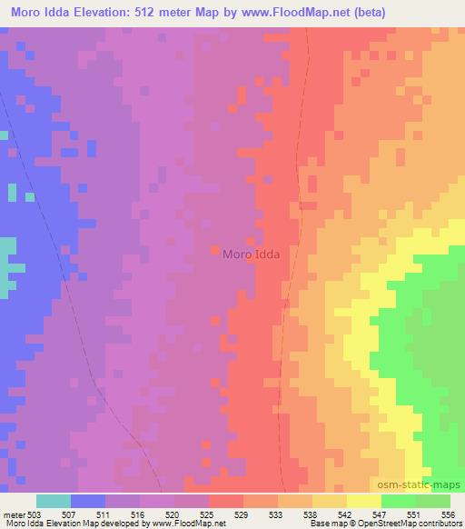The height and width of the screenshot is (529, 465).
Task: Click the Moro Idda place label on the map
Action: click(251, 255)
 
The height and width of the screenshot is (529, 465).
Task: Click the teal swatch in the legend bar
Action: click(54, 501)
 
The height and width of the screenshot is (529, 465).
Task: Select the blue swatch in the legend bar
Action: click(88, 501)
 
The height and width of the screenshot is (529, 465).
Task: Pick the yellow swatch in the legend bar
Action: click(364, 501)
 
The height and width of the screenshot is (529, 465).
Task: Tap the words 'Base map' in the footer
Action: click(323, 524)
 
